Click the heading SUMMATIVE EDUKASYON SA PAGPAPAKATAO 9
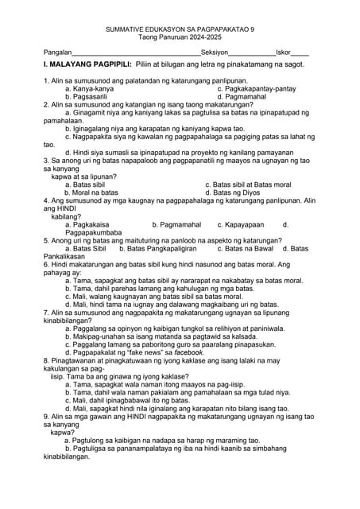point(180,29)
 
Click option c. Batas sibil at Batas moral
point(248,185)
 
